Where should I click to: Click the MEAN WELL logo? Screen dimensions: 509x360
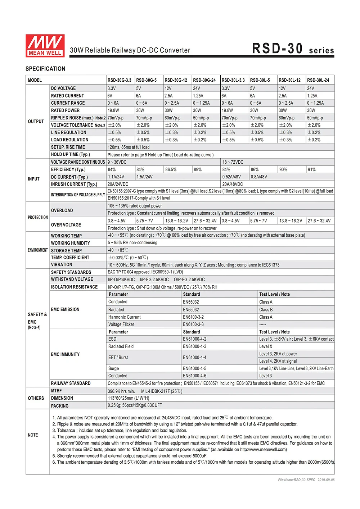click(45, 46)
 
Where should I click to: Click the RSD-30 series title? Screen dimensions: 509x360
click(293, 49)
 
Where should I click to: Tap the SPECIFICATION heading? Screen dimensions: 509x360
click(45, 69)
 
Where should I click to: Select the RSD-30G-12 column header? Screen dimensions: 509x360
click(176, 80)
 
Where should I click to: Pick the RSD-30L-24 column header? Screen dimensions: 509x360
click(318, 80)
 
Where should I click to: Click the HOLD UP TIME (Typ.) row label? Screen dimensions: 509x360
click(70, 154)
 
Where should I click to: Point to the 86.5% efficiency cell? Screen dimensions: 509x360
click(171, 169)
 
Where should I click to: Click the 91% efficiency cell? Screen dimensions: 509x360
click(311, 169)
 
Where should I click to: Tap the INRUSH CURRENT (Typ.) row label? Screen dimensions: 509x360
click(74, 184)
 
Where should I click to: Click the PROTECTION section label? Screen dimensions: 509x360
click(38, 217)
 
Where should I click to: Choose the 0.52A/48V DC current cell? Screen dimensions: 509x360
click(231, 177)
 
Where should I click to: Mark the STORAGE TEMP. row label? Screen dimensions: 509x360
click(67, 250)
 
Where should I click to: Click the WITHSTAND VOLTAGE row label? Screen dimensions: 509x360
click(72, 280)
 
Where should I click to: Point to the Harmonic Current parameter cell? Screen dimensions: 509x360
click(125, 317)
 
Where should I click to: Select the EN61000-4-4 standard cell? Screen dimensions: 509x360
click(194, 358)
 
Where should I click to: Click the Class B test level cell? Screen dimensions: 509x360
click(266, 310)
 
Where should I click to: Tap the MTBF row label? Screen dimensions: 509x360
click(57, 391)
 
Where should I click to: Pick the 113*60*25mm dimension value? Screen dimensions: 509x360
click(128, 398)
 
